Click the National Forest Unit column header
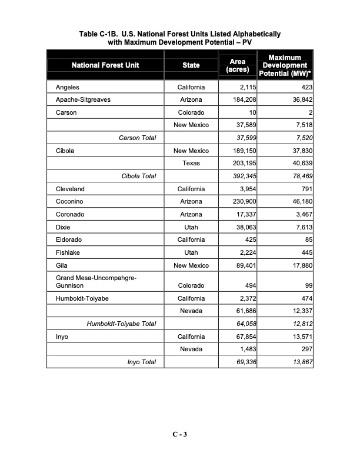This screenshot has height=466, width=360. pyautogui.click(x=105, y=65)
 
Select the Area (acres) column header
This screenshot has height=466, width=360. pyautogui.click(x=238, y=65)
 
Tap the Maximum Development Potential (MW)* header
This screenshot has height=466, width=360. pyautogui.click(x=285, y=65)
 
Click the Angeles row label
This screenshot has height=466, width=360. pyautogui.click(x=68, y=87)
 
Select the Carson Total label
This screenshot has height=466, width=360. pyautogui.click(x=137, y=138)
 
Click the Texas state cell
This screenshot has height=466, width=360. pyautogui.click(x=191, y=163)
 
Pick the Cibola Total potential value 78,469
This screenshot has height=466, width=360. pyautogui.click(x=299, y=176)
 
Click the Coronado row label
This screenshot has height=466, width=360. pyautogui.click(x=71, y=214)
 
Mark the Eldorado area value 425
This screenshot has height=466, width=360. pyautogui.click(x=249, y=239)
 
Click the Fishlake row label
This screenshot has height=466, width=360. pyautogui.click(x=68, y=252)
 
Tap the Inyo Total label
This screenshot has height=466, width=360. pyautogui.click(x=141, y=362)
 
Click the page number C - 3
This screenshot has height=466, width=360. pyautogui.click(x=179, y=435)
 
